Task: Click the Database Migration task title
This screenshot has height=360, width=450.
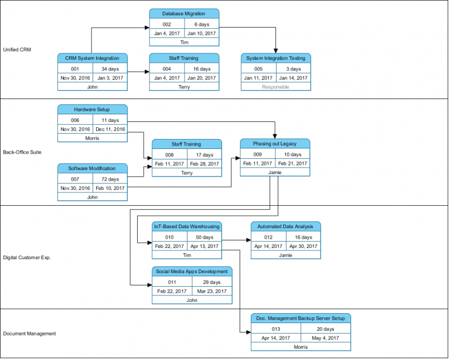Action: point(184,13)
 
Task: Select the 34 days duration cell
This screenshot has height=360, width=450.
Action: point(110,69)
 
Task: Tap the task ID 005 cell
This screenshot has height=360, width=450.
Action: point(258,69)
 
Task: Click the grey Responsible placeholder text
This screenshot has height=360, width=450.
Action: point(275,87)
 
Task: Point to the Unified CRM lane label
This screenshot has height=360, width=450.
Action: point(17,50)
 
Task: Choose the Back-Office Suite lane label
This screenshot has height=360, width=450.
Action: point(22,152)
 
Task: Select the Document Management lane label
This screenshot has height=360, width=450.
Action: point(29,334)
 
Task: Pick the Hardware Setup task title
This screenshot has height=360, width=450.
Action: point(92,109)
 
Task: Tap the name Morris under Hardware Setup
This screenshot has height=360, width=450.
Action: point(92,138)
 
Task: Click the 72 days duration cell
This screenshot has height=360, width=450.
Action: point(110,179)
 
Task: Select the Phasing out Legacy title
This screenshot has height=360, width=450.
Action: point(275,144)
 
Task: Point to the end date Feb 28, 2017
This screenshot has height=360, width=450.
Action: point(204,164)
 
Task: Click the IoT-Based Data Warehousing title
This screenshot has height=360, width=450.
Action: point(187,226)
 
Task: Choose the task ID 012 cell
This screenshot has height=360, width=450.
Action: point(268,237)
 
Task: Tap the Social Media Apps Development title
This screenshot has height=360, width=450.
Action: point(192,271)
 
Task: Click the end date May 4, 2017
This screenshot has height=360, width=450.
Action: point(326,338)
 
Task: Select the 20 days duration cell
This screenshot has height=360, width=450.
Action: point(326,329)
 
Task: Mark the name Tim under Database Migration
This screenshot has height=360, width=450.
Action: point(184,42)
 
